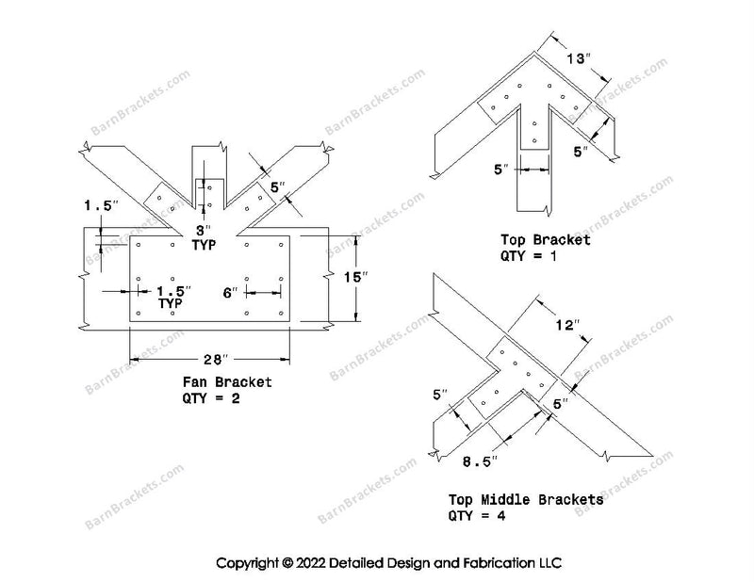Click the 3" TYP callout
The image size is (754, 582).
tap(204, 236)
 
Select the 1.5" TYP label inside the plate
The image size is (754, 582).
tap(171, 298)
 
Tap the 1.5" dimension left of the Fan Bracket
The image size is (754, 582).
tap(96, 203)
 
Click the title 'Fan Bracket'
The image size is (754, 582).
tap(228, 382)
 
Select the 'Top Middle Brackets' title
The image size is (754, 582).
tap(526, 500)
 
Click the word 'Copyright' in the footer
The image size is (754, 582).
tap(248, 563)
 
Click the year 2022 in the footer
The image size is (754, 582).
tap(315, 563)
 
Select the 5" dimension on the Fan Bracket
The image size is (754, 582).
tap(275, 187)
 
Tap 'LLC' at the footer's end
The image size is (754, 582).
tap(549, 563)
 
